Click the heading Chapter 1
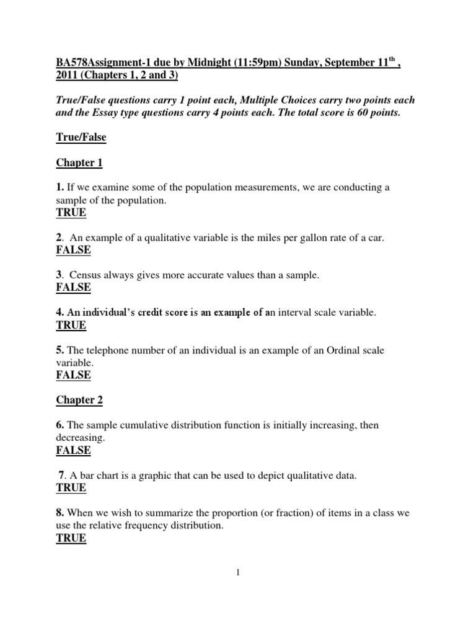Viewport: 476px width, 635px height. pyautogui.click(x=79, y=163)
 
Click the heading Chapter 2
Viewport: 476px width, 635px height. pyautogui.click(x=79, y=400)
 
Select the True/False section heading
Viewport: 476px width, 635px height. pyautogui.click(x=81, y=138)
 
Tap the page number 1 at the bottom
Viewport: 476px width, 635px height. pyautogui.click(x=238, y=573)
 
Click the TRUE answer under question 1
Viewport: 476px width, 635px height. pyautogui.click(x=71, y=213)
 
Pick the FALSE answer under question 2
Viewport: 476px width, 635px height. pyautogui.click(x=73, y=250)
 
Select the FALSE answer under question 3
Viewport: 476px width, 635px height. pyautogui.click(x=73, y=287)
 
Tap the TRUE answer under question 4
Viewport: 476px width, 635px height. pyautogui.click(x=71, y=325)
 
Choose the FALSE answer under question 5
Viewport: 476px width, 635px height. pyautogui.click(x=73, y=375)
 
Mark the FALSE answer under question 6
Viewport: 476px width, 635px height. pyautogui.click(x=73, y=450)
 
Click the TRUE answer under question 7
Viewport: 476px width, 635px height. pyautogui.click(x=71, y=488)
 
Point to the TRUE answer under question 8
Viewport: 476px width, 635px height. pyautogui.click(x=71, y=538)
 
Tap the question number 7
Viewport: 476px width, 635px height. pyautogui.click(x=61, y=476)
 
